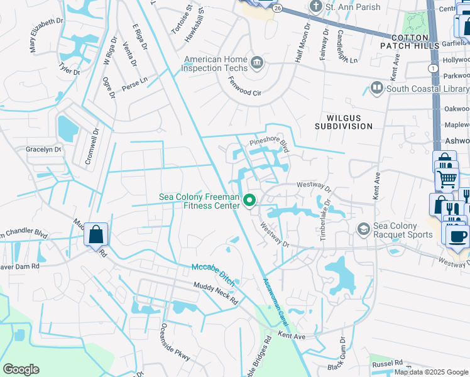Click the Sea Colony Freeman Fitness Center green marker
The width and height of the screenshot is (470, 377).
click(249, 201)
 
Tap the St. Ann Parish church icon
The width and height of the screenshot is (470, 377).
click(315, 7)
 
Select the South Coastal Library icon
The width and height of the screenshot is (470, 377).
click(377, 88)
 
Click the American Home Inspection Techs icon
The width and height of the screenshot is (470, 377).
click(256, 63)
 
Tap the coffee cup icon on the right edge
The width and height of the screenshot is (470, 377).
click(457, 236)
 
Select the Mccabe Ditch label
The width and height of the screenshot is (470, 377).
click(214, 275)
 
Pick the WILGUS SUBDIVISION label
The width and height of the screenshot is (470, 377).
click(349, 121)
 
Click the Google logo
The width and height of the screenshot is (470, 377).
click(21, 369)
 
